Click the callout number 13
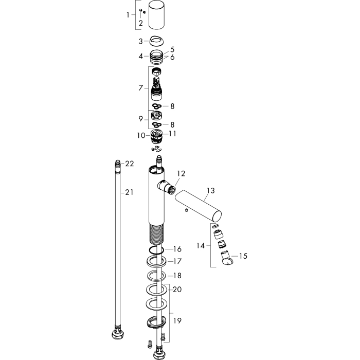210,191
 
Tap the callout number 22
130,164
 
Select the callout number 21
129,192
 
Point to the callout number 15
243,256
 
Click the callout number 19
177,320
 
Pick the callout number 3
141,41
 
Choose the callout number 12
181,174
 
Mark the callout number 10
141,135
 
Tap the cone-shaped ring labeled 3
156,41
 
